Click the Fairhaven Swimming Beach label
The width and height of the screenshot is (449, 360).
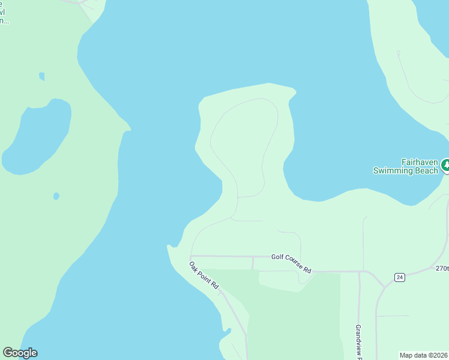406,166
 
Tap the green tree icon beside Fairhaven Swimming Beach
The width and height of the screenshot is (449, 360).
445,164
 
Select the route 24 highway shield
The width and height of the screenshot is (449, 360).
399,277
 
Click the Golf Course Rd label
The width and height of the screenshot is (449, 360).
291,263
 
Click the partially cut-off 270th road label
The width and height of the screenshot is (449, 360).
442,269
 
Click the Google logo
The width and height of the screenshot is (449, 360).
20,353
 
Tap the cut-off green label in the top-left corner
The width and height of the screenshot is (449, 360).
4,12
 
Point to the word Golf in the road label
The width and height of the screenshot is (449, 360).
277,257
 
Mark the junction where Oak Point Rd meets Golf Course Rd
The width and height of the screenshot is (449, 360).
190,256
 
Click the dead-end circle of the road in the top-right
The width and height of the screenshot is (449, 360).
398,53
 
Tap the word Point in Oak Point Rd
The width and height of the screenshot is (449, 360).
203,276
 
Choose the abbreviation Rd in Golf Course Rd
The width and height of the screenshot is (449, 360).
307,270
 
